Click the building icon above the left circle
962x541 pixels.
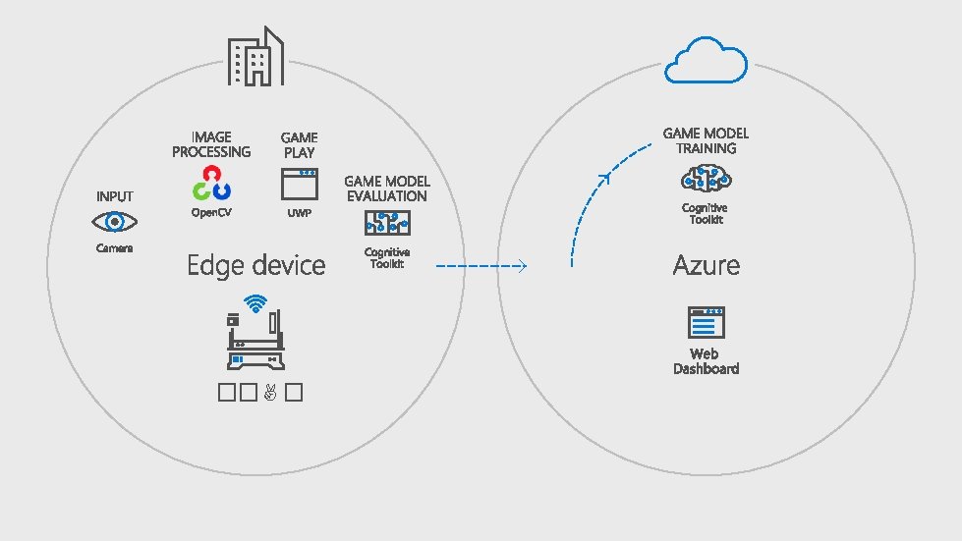255,57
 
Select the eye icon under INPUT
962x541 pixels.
114,222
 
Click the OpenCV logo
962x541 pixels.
211,183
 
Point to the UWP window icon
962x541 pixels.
299,184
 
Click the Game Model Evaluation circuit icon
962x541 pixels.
387,224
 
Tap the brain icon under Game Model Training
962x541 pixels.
706,178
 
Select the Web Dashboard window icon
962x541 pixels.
706,323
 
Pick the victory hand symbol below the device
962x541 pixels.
270,393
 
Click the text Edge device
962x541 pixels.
255,265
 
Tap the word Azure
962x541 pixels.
706,265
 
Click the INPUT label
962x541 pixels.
114,196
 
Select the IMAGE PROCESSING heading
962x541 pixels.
211,144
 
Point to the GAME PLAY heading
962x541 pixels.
299,144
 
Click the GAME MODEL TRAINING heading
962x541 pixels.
706,140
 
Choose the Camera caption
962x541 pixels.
114,248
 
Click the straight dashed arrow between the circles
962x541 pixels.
481,265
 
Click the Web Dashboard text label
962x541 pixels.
706,361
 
